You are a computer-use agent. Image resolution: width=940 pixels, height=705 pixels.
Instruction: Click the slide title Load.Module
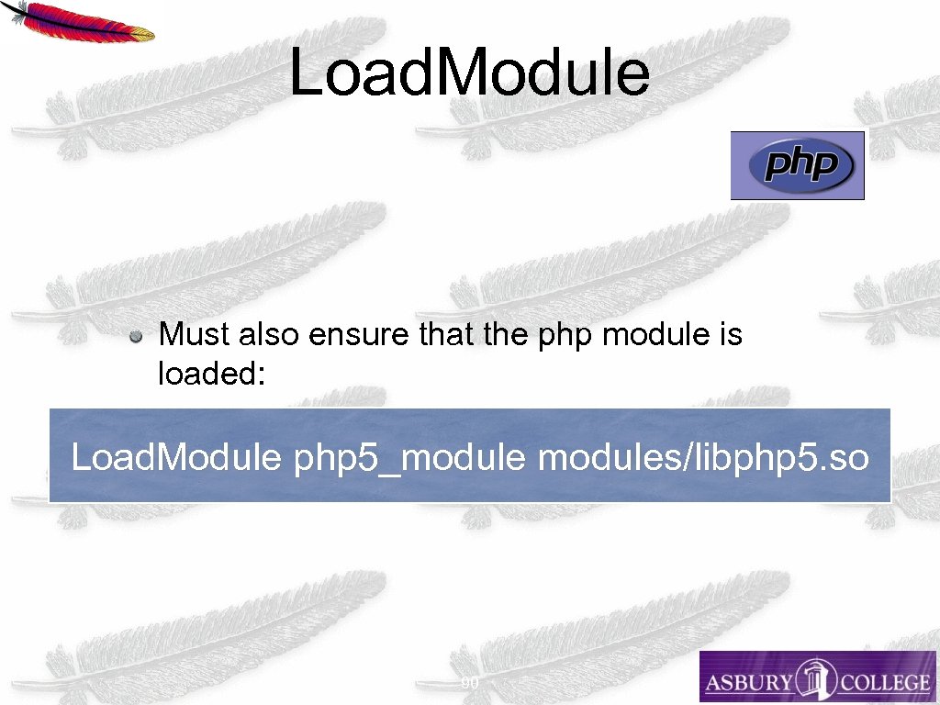pos(469,73)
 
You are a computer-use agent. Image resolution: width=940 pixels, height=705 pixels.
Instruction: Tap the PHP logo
pos(798,166)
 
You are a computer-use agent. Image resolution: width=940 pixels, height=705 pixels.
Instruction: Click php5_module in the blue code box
pos(410,456)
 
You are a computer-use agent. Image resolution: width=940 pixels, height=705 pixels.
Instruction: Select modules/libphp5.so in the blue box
pos(703,456)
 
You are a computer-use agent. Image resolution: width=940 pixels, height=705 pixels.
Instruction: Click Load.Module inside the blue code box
pos(175,456)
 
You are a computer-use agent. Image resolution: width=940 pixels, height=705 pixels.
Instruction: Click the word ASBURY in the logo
pos(749,682)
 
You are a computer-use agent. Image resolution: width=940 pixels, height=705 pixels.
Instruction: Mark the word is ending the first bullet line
pos(730,335)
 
